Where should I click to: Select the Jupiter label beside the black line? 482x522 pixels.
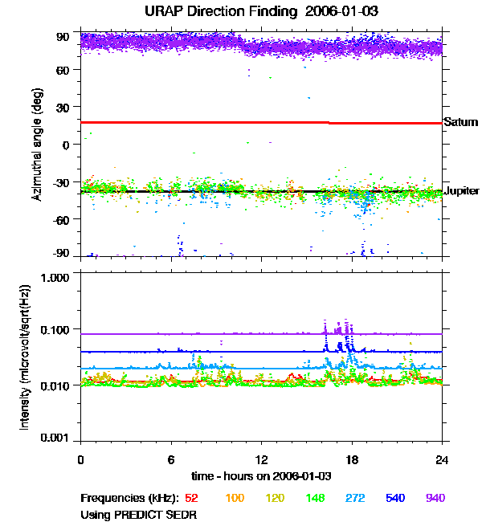462,191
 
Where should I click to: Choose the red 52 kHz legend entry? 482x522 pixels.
192,499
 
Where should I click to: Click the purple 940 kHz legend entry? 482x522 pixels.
435,499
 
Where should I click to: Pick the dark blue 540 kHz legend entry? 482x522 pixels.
394,499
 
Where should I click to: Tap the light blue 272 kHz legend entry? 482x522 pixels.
353,499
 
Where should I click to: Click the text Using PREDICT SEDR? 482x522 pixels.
139,513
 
